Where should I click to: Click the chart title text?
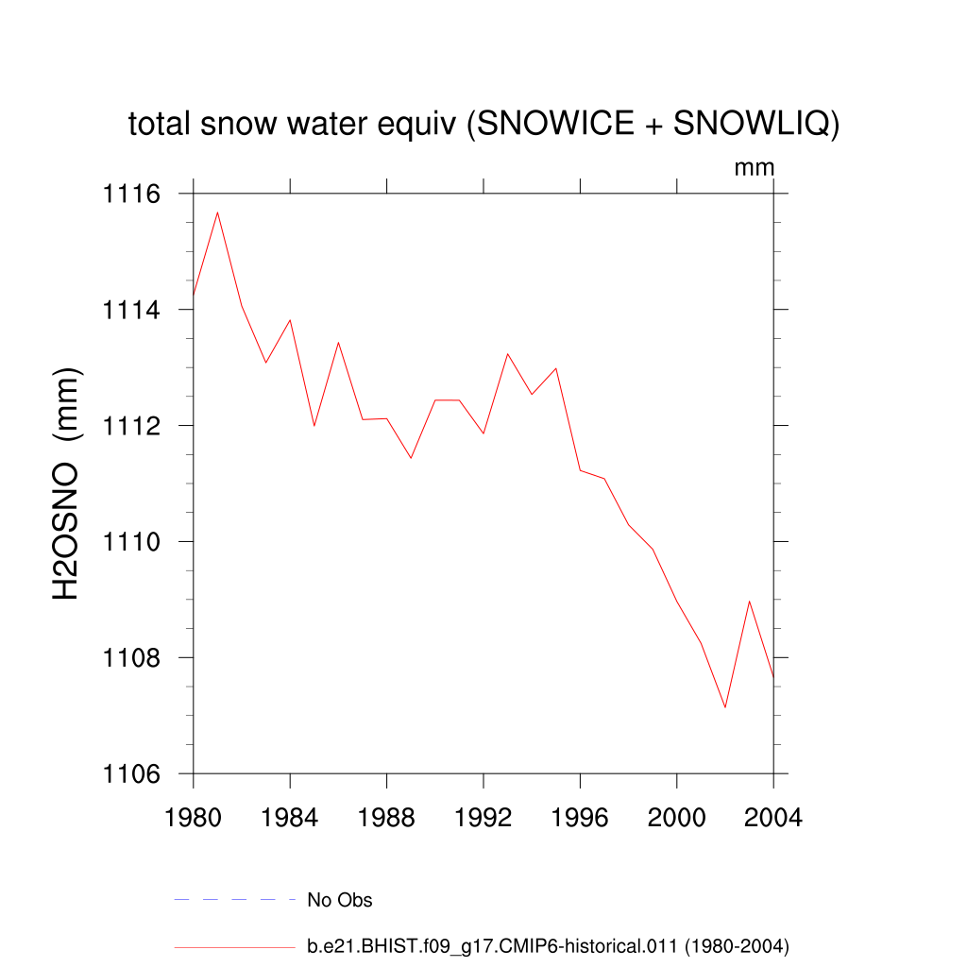coord(483,124)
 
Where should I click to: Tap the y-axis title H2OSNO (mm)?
coord(67,483)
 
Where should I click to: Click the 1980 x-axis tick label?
coord(194,818)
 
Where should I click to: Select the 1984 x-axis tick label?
coord(290,818)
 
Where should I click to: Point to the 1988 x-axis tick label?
coord(387,818)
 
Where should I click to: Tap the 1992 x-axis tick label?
coord(483,818)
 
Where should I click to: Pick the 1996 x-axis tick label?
coord(580,818)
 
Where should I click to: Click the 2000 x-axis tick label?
coord(677,818)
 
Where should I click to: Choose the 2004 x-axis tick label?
coord(772,818)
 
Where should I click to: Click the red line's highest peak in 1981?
coord(218,212)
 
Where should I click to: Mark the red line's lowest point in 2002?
coord(725,707)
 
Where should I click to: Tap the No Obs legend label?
coord(340,900)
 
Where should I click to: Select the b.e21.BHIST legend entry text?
coord(548,945)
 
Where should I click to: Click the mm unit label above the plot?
coord(755,168)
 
